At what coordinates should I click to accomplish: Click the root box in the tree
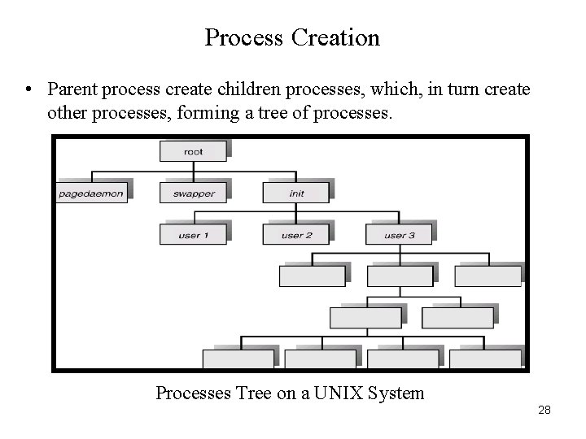[x=193, y=151]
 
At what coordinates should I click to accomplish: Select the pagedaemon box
[x=92, y=193]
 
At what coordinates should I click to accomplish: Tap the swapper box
[x=193, y=193]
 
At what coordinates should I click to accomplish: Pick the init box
[x=295, y=193]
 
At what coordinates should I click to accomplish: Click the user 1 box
[x=193, y=235]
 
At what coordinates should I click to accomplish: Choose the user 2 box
[x=295, y=235]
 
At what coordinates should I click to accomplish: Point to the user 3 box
[x=399, y=235]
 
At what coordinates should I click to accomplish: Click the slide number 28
[x=544, y=410]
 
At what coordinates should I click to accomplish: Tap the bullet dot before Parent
[x=28, y=88]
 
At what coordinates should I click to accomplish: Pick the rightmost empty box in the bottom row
[x=485, y=359]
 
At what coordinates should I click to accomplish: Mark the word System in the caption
[x=396, y=393]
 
